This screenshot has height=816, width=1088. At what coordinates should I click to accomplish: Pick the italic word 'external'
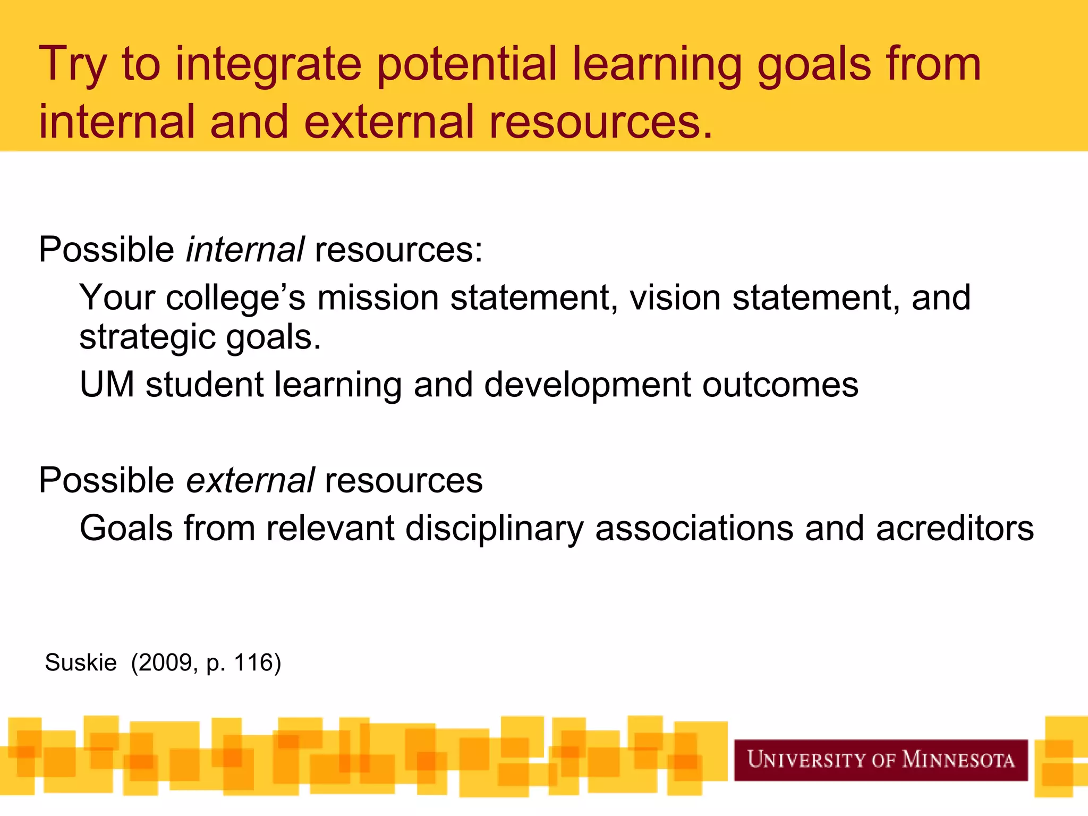pyautogui.click(x=250, y=480)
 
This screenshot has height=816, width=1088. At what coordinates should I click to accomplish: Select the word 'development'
pyautogui.click(x=588, y=386)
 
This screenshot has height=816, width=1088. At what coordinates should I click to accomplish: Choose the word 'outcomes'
pyautogui.click(x=780, y=385)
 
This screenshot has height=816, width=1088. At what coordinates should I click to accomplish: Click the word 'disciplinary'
pyautogui.click(x=494, y=529)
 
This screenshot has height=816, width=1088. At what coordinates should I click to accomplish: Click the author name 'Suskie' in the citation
pyautogui.click(x=81, y=662)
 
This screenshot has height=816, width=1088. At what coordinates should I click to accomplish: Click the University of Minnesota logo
pyautogui.click(x=881, y=760)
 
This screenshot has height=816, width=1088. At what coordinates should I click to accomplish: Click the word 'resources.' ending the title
pyautogui.click(x=600, y=122)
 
